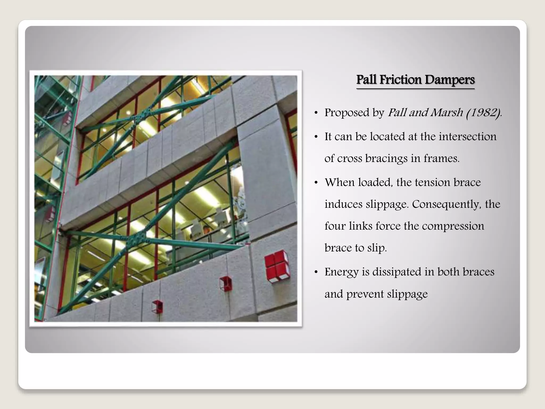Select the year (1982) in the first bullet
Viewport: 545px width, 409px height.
483,113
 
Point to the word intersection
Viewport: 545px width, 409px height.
467,137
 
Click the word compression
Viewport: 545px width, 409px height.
453,226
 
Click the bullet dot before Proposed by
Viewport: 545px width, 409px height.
316,113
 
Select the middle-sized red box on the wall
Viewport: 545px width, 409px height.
226,284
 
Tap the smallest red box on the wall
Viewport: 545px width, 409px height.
157,307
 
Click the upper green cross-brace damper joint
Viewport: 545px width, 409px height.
137,117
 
